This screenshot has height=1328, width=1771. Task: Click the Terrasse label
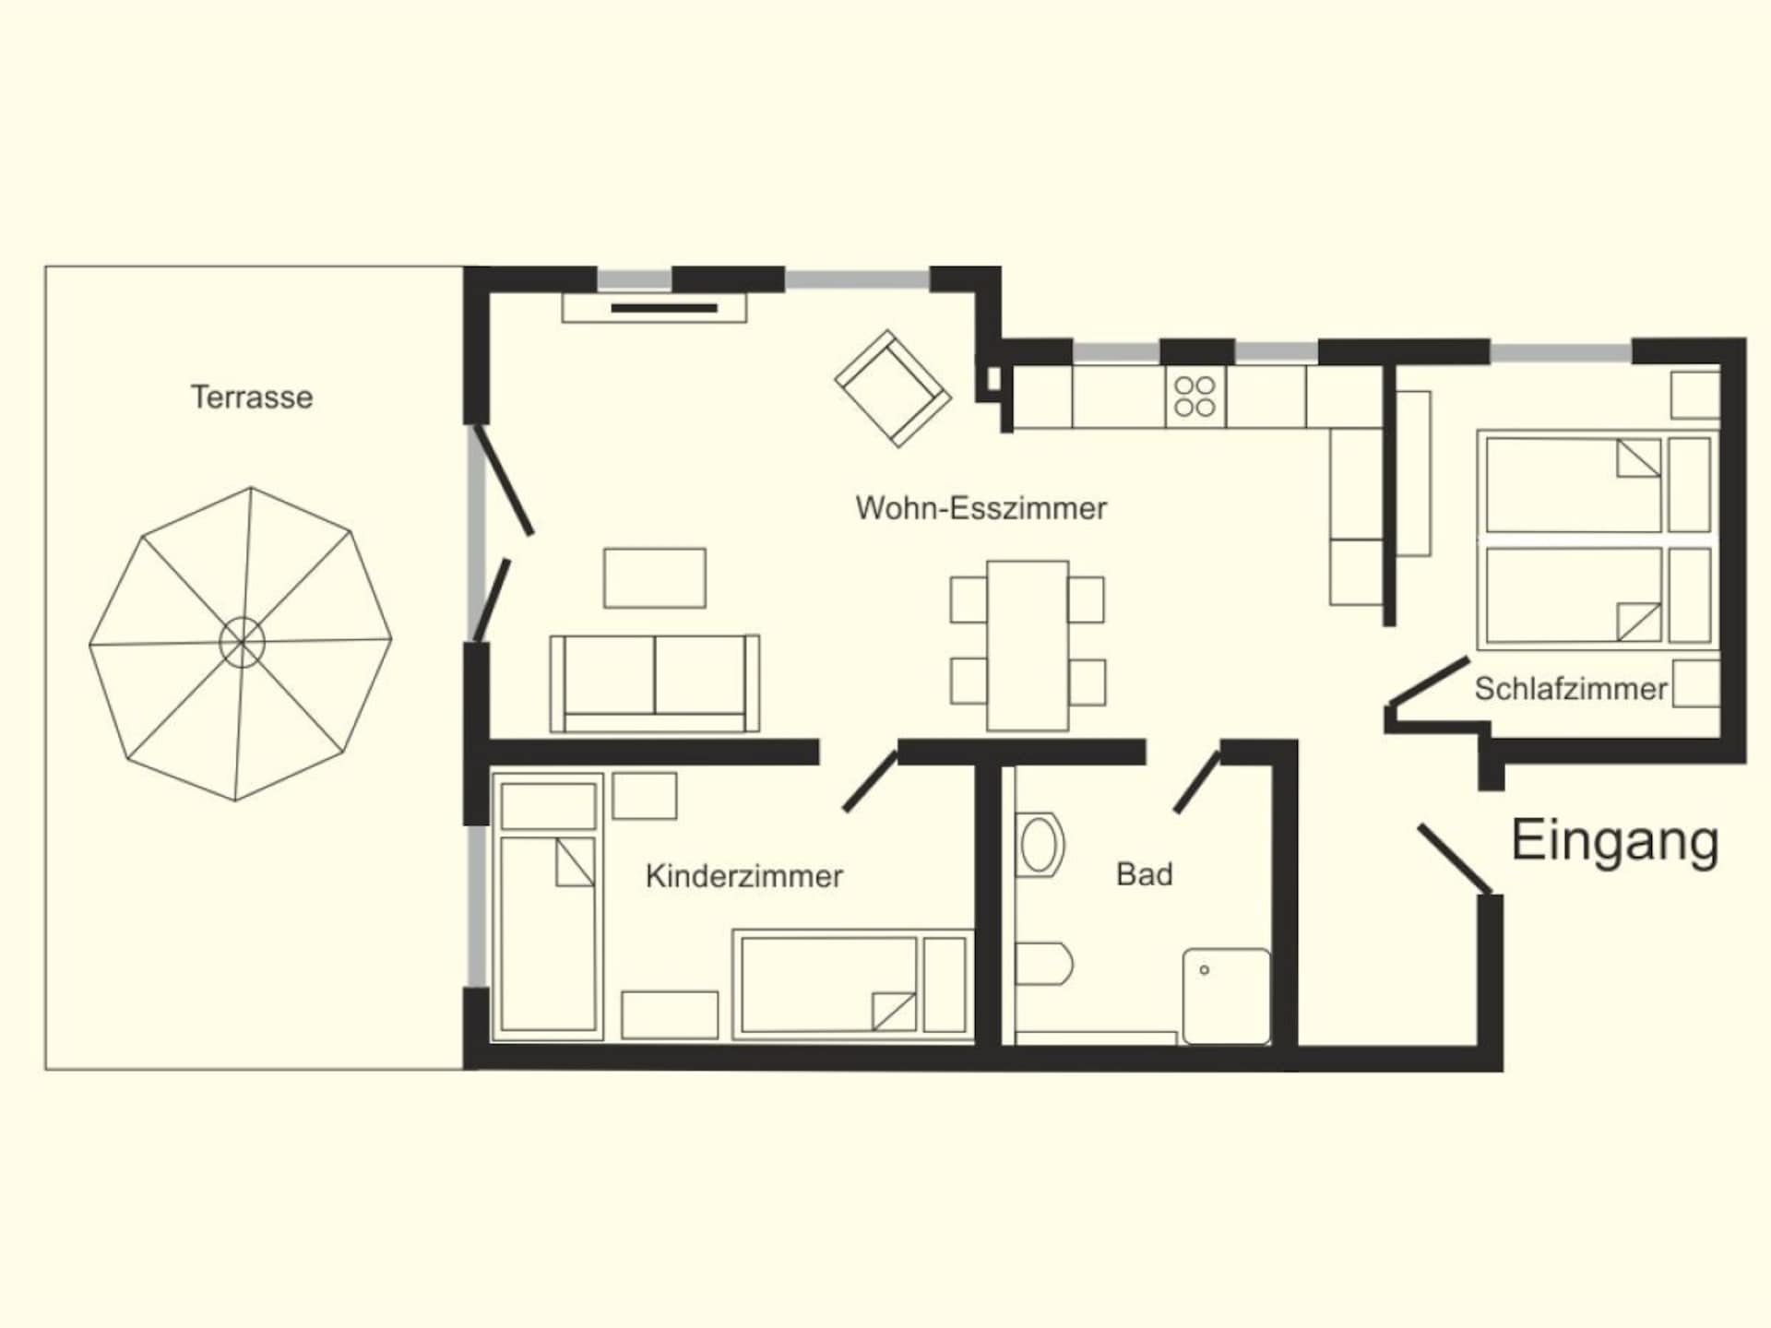(252, 397)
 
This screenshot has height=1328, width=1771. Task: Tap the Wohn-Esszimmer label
(981, 508)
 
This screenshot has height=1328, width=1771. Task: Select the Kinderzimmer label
(744, 876)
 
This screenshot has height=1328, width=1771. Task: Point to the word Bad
(1144, 874)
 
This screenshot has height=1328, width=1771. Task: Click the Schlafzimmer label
(1571, 689)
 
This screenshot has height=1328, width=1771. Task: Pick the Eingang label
(1614, 842)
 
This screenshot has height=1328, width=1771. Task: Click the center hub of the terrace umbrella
(242, 642)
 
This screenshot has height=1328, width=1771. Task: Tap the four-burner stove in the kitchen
(1195, 397)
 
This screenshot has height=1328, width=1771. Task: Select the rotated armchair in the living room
(893, 388)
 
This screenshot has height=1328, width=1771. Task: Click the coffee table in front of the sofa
(655, 578)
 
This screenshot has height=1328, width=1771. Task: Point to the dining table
(1028, 646)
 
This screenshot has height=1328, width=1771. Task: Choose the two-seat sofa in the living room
(655, 683)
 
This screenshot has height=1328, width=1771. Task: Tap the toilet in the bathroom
(1043, 964)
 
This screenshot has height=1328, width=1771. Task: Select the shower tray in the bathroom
(1227, 996)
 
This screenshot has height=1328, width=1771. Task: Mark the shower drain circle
(1204, 970)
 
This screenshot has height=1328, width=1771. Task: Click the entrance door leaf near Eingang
(1456, 859)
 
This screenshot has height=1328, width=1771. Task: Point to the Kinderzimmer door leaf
(870, 781)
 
